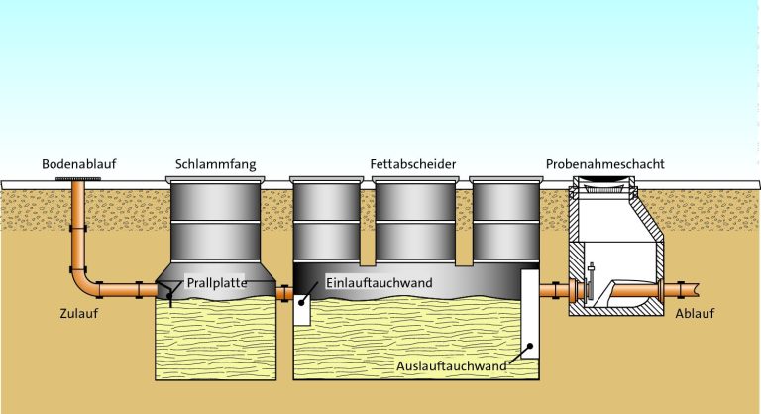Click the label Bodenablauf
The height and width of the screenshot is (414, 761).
pos(78,163)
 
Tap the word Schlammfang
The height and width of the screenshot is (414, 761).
pos(212,163)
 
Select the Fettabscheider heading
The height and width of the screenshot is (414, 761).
pos(413,163)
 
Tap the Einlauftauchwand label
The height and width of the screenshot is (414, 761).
pos(380,283)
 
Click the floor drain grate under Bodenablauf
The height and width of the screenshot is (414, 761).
pos(77,178)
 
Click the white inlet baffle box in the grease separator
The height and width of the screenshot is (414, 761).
pos(302,313)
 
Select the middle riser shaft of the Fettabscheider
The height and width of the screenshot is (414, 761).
pos(414,223)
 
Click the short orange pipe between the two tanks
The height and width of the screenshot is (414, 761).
pos(283,293)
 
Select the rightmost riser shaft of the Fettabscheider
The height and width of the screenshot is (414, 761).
pos(504,223)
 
